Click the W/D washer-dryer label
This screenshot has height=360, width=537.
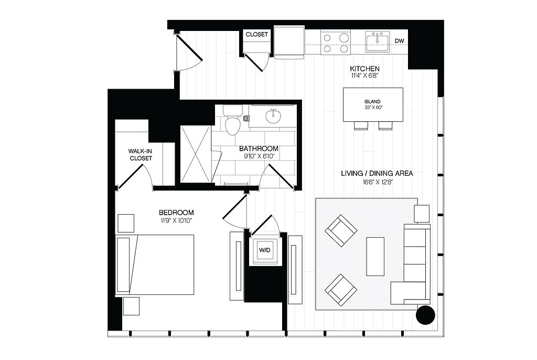click(264, 250)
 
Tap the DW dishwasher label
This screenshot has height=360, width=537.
click(399, 41)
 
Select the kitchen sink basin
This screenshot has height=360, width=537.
click(377, 42)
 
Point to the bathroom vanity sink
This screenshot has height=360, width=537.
click(273, 116)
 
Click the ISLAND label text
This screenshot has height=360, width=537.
click(372, 101)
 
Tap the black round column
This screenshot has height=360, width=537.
click(425, 315)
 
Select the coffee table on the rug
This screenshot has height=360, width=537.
click(375, 257)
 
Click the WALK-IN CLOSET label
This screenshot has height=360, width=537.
click(140, 155)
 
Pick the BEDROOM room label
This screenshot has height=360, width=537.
click(176, 213)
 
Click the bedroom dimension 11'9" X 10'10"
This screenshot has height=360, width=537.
click(176, 221)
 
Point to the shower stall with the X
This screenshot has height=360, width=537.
click(196, 154)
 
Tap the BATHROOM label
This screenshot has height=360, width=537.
click(259, 149)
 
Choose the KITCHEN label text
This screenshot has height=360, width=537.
click(364, 69)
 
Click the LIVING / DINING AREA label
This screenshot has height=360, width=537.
click(377, 174)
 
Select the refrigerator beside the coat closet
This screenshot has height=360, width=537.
click(289, 42)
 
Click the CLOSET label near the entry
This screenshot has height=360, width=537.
click(257, 35)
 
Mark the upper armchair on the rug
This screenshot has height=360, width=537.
click(341, 231)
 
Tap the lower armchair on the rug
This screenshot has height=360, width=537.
click(341, 290)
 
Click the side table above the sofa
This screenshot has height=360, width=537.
click(422, 213)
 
